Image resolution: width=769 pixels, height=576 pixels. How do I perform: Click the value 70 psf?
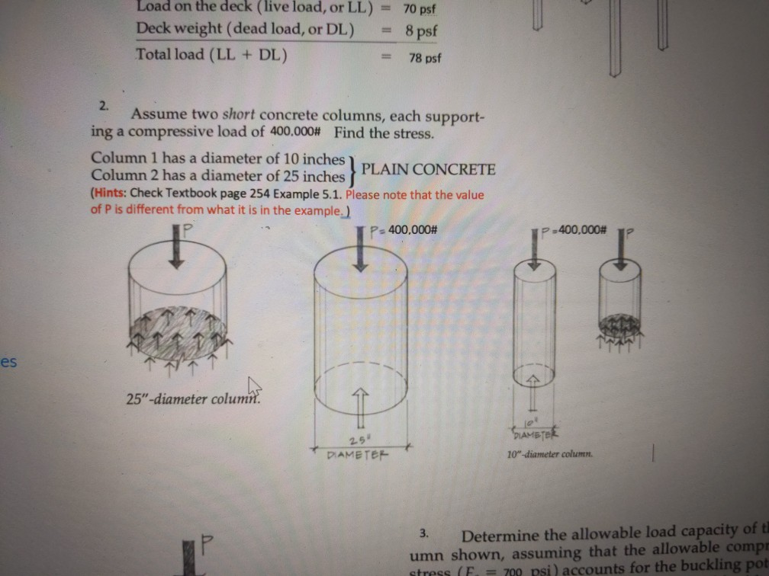click(420, 11)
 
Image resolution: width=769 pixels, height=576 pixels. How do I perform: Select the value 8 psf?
click(421, 33)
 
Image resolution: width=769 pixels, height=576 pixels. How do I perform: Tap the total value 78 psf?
click(425, 58)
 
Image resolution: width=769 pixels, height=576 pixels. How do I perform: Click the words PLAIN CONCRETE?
click(428, 169)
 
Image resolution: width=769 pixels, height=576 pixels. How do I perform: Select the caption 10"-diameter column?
click(549, 454)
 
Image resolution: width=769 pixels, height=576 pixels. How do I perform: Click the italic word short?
click(239, 115)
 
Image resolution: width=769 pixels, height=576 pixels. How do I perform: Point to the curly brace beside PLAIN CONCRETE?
click(352, 168)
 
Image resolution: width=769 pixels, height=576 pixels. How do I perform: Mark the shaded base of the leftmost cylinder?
click(178, 330)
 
